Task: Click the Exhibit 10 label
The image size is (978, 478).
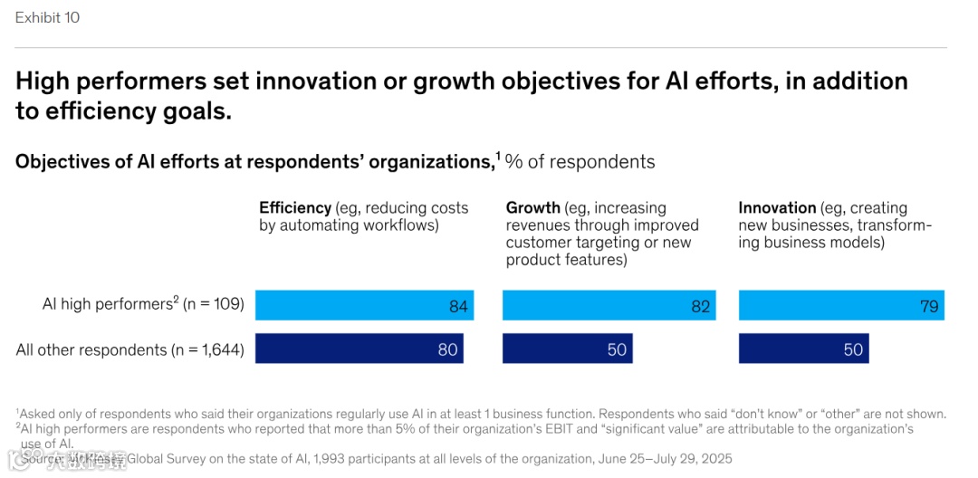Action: pos(47,17)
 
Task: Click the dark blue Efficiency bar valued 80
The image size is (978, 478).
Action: pos(359,349)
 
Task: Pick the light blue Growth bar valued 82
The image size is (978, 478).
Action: pos(609,305)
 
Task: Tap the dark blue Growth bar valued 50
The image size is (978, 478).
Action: pos(567,349)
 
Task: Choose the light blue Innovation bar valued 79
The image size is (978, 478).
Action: pos(841,305)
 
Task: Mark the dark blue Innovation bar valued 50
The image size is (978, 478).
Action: pos(803,349)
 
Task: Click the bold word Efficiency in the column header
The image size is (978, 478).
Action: pos(295,208)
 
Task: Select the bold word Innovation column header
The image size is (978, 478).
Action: pos(778,208)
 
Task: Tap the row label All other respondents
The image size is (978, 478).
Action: pos(91,349)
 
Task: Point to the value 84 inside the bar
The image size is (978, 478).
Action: pos(458,306)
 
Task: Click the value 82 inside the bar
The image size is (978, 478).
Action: pos(701,306)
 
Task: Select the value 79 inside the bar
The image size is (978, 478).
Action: pos(929,306)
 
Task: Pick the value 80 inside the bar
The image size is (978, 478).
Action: pos(447,349)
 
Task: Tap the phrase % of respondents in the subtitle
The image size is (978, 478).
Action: pos(580,162)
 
